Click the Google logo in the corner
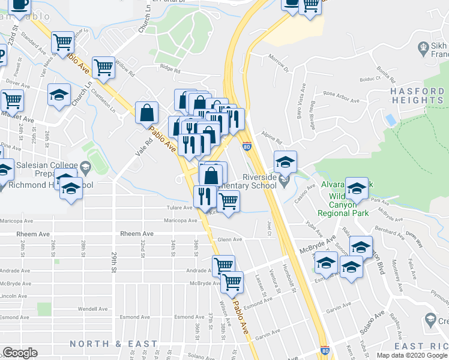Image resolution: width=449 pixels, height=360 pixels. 20,353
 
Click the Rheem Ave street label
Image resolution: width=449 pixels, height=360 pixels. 138,234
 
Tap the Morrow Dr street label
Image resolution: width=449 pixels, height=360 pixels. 279,66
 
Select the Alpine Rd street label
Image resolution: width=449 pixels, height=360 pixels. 271,137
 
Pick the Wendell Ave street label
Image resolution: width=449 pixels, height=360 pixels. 92,309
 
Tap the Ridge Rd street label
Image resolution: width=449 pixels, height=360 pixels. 170,70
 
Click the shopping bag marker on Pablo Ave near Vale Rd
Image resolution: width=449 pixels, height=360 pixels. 147,112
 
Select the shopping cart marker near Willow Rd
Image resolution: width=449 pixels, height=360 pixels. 103,67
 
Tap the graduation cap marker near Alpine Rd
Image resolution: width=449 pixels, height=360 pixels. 285,161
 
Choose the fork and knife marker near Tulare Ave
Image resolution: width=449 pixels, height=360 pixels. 205,196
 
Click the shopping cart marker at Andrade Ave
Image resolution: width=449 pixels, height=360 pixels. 223,265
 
